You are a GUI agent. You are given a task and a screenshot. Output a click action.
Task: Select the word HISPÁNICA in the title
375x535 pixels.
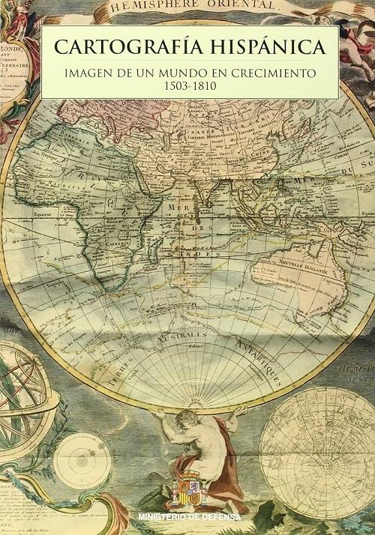(x=265, y=47)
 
